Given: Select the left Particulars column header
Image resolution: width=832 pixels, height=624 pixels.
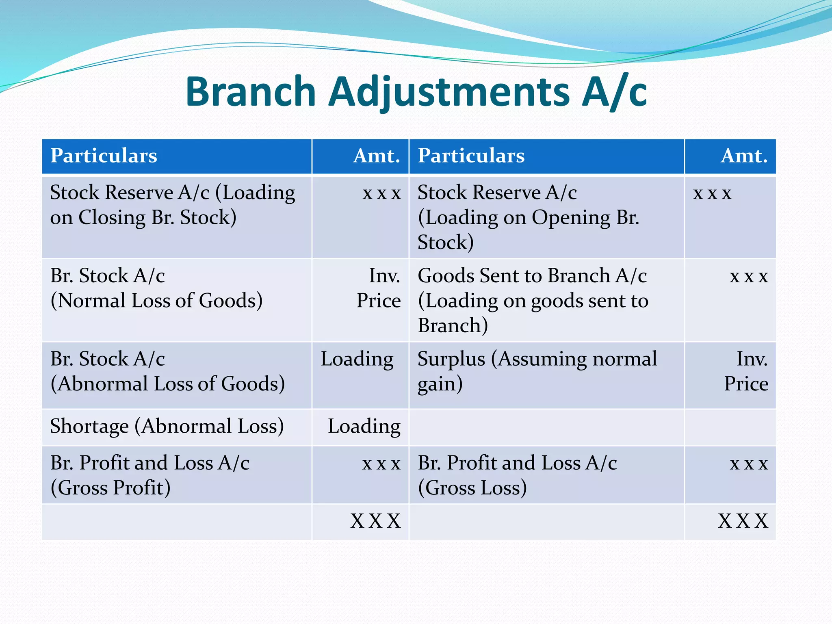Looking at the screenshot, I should pos(104,156).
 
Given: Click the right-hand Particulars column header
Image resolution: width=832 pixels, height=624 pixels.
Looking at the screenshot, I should pos(471,156).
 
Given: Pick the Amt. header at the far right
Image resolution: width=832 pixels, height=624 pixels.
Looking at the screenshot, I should pos(744,156).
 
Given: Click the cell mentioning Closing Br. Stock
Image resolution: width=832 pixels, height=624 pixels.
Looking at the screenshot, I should pos(172,205).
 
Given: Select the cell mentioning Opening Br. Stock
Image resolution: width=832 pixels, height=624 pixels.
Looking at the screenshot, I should pos(528,217).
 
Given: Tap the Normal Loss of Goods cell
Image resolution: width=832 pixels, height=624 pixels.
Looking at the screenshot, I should pos(156,288).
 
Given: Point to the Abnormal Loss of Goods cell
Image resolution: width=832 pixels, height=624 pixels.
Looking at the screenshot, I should pos(167,371).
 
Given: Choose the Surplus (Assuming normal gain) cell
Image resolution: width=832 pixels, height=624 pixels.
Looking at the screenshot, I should pos(537,371).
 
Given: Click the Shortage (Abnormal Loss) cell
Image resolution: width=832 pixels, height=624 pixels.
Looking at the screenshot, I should pos(167,427).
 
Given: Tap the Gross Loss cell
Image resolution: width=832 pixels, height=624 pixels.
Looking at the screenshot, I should pos(517,475).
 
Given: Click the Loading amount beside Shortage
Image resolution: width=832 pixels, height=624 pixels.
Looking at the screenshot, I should pos(364,427).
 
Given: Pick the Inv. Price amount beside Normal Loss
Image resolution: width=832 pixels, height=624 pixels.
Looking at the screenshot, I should pos(379,288).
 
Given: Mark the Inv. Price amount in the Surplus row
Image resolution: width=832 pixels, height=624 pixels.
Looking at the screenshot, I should pos(746,371).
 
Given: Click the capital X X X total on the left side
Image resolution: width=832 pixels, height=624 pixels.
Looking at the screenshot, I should pos(375,521).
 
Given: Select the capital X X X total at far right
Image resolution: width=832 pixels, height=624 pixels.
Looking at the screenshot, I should pos(743,521).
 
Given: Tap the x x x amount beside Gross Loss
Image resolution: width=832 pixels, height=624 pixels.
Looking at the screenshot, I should pos(749,464).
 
